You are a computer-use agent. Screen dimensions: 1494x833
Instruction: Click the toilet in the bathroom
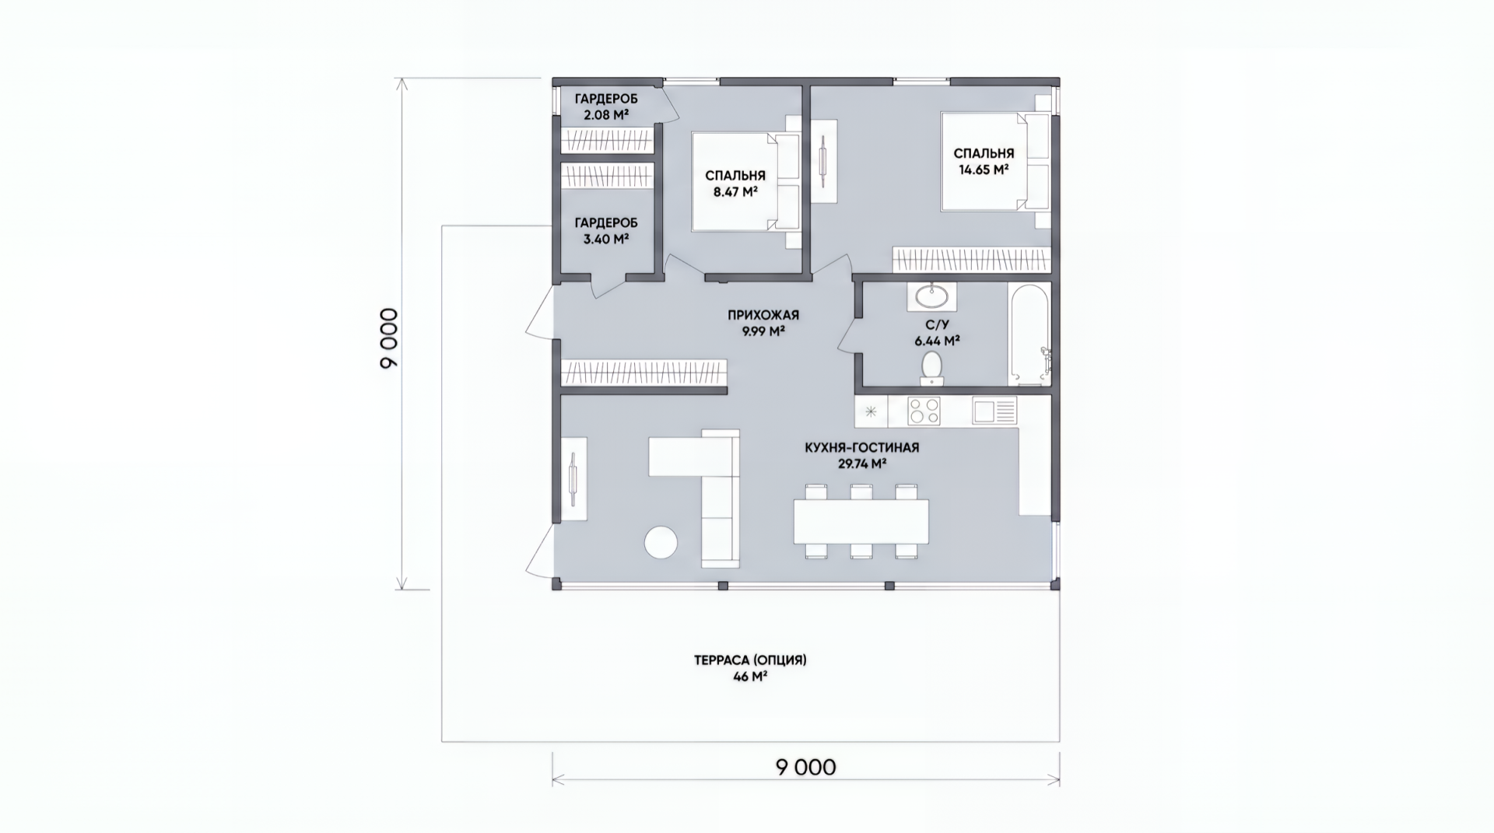[x=931, y=368]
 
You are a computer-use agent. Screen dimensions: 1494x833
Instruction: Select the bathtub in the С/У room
[x=1029, y=334]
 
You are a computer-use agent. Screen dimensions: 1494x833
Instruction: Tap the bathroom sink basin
[x=931, y=296]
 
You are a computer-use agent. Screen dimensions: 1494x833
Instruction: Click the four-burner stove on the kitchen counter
[x=924, y=411]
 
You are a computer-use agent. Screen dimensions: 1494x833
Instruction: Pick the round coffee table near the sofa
[x=661, y=542]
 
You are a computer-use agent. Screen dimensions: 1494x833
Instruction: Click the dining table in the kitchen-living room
[x=861, y=521]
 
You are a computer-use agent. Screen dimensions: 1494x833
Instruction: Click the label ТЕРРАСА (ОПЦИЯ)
[x=750, y=660]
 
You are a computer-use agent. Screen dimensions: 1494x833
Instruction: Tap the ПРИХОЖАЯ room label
[x=763, y=315]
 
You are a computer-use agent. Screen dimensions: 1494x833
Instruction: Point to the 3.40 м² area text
[x=606, y=239]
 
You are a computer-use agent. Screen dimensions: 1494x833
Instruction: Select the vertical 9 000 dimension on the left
[x=389, y=338]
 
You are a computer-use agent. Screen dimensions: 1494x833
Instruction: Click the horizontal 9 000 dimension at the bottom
[x=805, y=768]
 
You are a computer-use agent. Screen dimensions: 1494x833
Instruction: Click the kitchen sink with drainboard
[x=994, y=411]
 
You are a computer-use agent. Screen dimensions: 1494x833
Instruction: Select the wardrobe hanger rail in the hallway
[x=644, y=373]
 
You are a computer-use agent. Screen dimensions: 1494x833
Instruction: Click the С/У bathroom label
[x=937, y=324]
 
